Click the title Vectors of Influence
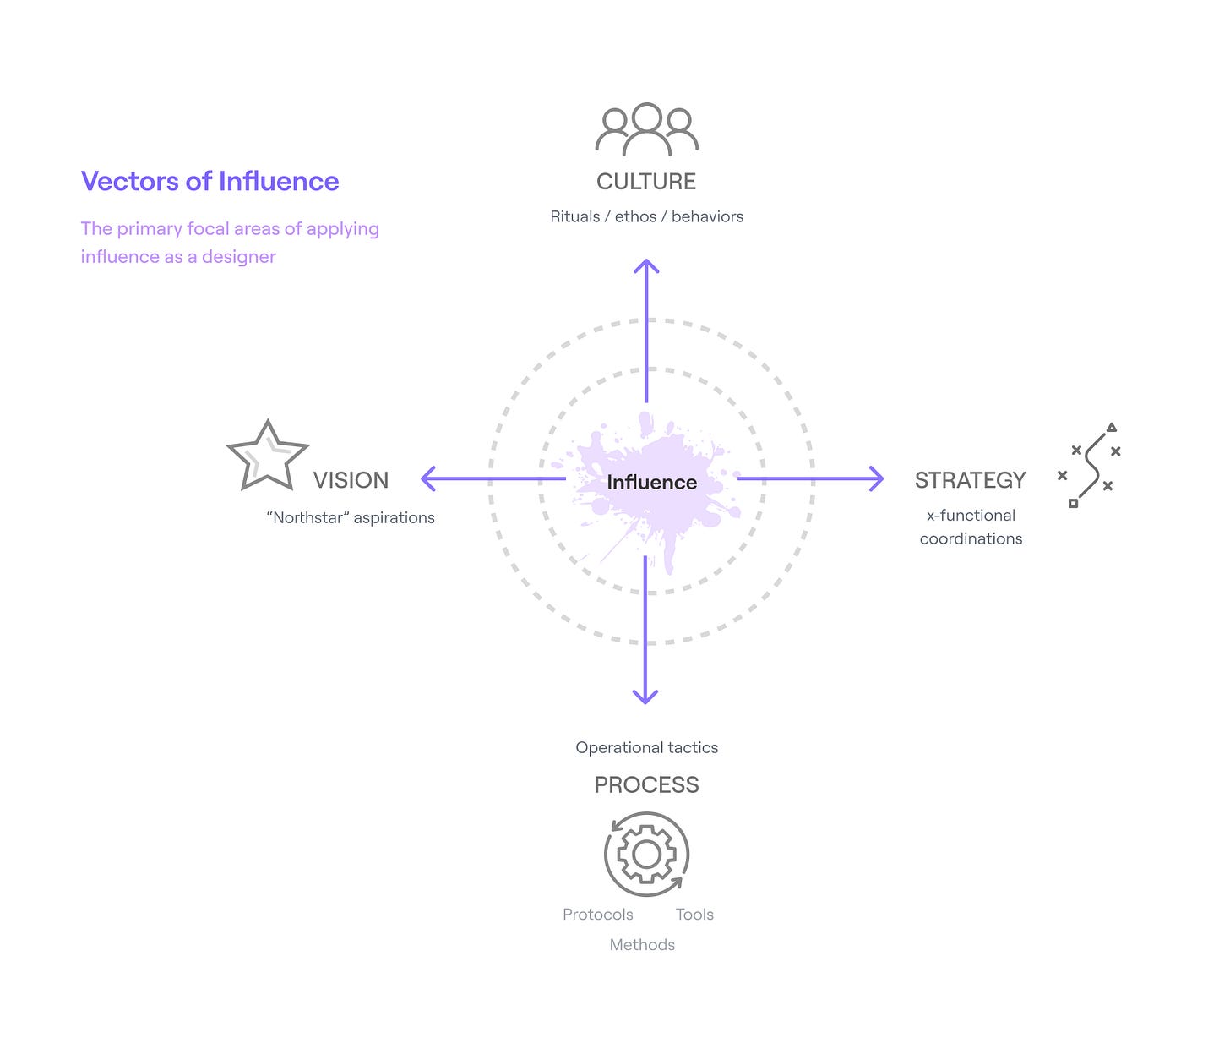[x=210, y=182]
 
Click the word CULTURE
[x=646, y=182]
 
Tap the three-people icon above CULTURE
[x=646, y=130]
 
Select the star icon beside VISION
[x=268, y=457]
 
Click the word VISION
[x=351, y=480]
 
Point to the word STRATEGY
[x=970, y=480]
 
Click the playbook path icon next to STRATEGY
[x=1091, y=465]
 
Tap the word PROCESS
[x=646, y=785]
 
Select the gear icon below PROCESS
[x=646, y=855]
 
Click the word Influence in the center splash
[x=651, y=483]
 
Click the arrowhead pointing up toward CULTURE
[x=646, y=266]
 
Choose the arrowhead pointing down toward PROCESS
[x=645, y=697]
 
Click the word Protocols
[x=597, y=915]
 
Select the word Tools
[x=694, y=915]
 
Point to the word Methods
[x=642, y=945]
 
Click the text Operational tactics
[x=646, y=748]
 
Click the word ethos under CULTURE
[x=635, y=217]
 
